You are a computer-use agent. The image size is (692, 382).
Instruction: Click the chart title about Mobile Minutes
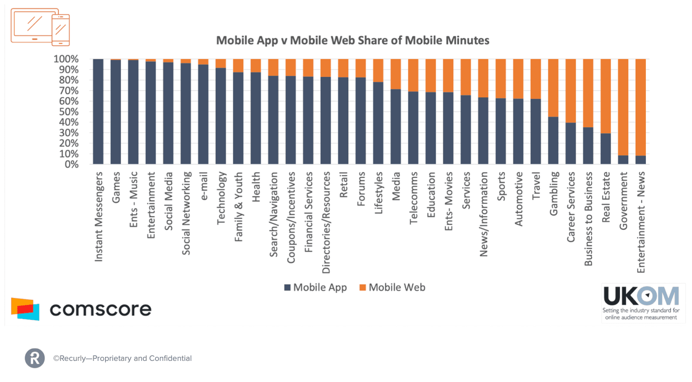coord(352,41)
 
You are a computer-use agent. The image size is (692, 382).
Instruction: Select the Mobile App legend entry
coord(315,288)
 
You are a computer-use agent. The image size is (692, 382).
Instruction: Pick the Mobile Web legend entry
coord(392,288)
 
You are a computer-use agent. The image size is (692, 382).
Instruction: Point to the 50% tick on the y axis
coord(69,112)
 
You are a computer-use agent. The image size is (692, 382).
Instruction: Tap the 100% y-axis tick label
coord(66,59)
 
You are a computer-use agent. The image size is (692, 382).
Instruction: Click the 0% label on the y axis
coord(71,164)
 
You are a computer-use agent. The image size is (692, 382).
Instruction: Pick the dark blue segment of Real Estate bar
coord(605,149)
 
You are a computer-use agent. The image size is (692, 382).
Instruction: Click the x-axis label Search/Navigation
coord(273,214)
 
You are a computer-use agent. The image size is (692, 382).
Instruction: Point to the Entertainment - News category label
coord(641,222)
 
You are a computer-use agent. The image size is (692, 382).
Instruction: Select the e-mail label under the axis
coord(204,186)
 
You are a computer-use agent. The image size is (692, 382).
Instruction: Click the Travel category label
coord(536,186)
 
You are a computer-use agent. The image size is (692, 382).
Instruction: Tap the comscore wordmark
coord(100,309)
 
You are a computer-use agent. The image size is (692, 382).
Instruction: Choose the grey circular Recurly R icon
coord(35,358)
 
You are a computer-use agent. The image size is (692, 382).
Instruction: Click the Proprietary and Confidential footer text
coord(122,358)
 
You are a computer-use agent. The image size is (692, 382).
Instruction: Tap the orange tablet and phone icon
coord(40,27)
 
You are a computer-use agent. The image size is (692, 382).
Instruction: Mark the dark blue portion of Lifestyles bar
coord(378,123)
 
